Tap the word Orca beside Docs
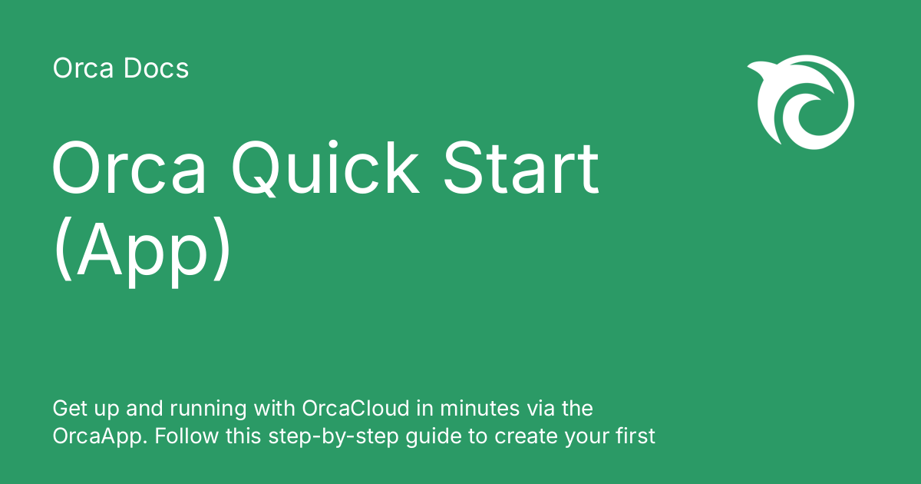click(82, 69)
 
